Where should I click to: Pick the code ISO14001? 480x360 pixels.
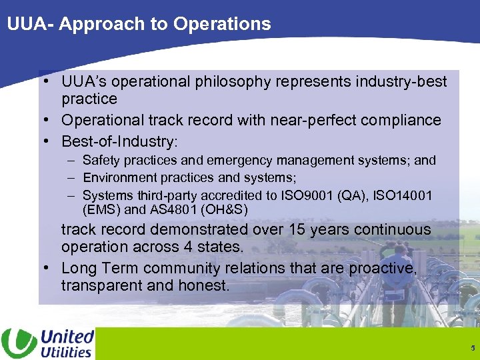(403, 196)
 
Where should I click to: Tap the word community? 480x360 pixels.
(199, 269)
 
